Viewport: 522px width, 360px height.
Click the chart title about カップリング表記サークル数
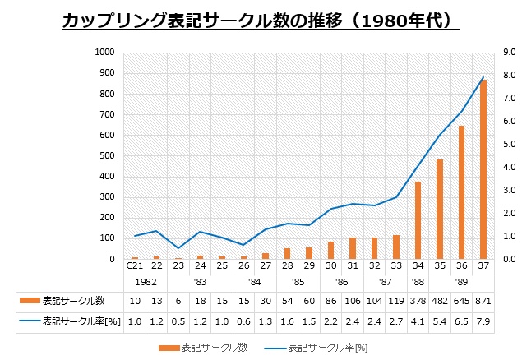261,20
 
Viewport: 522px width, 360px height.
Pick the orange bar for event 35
440,209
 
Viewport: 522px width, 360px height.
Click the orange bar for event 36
461,192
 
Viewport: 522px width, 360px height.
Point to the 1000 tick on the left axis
104,52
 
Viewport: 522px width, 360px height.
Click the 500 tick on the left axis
107,155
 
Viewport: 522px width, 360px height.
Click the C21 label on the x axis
134,266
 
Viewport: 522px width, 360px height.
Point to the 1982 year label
146,281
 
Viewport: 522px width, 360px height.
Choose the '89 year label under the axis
461,281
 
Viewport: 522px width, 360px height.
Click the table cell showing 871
483,300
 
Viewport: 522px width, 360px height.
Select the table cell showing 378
418,300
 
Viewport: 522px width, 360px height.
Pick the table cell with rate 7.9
483,321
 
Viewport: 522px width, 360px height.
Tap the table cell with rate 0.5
178,321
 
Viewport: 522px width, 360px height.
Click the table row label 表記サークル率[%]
81,321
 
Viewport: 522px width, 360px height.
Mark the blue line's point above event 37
483,77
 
